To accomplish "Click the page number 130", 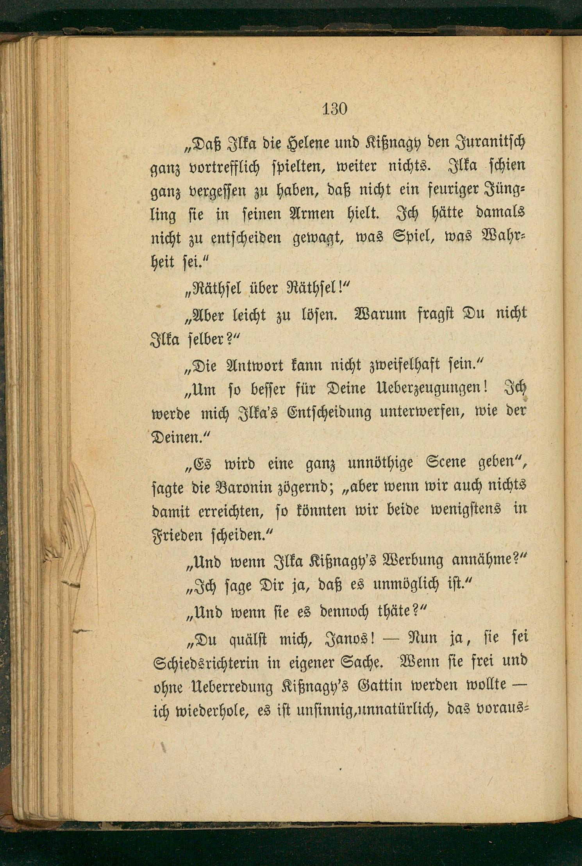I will click(335, 109).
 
